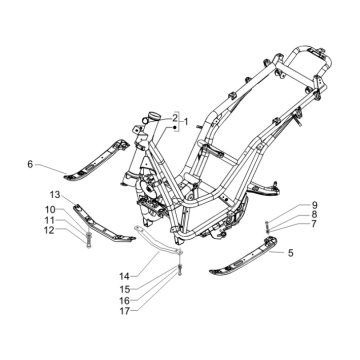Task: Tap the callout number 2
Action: [x=173, y=118]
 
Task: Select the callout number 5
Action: [x=263, y=253]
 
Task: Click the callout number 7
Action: [x=285, y=224]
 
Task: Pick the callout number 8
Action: [x=285, y=214]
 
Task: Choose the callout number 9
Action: [x=285, y=204]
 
